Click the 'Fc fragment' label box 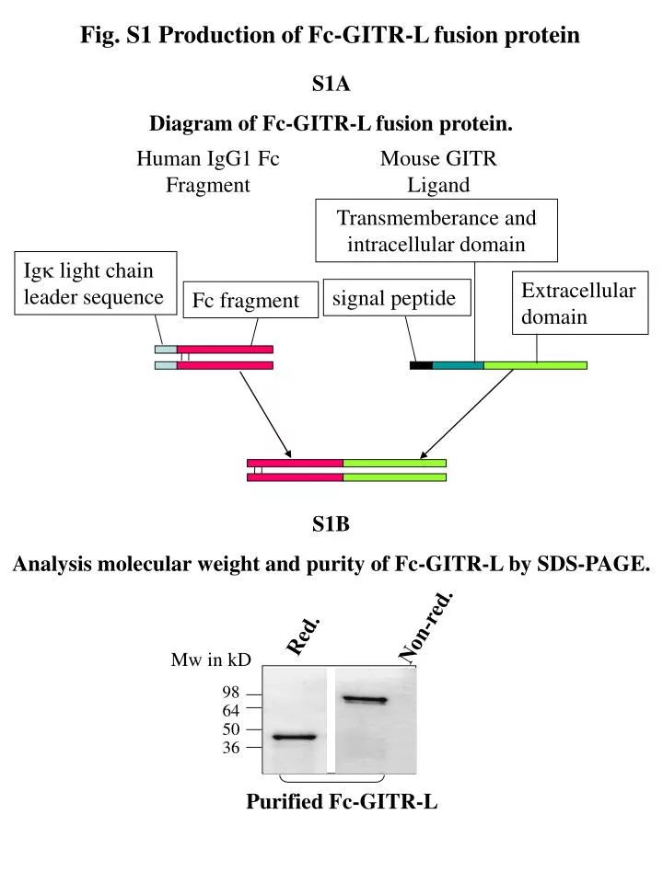(245, 301)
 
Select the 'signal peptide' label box (394, 299)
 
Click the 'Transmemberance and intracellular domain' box (436, 231)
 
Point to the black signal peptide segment (421, 365)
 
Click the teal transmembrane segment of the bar (458, 365)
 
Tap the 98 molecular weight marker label (230, 692)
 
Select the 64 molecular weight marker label (230, 710)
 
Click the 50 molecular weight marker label (230, 729)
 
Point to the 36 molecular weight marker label (230, 749)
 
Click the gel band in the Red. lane (295, 737)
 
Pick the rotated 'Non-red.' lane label (425, 625)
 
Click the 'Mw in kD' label (211, 660)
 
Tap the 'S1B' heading (331, 525)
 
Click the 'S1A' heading (331, 85)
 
